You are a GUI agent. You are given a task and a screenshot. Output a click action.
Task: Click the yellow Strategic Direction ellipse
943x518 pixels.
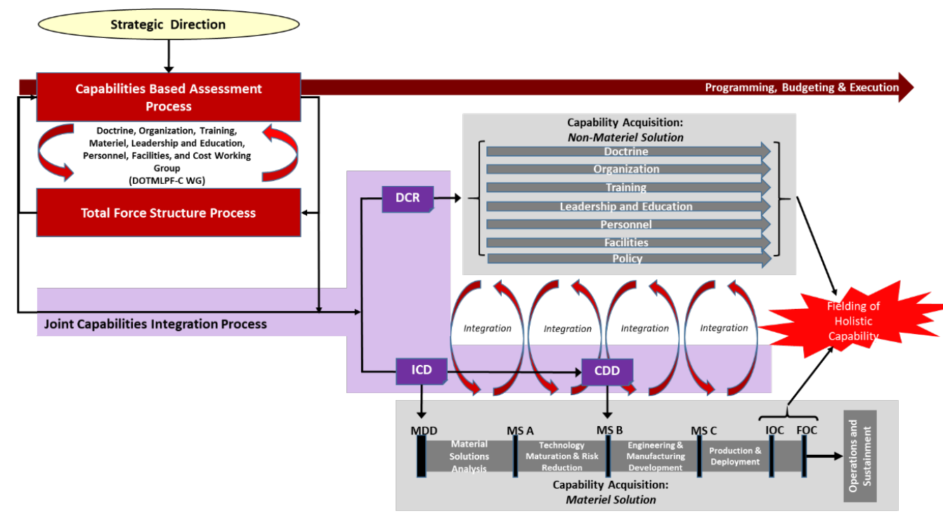(x=169, y=25)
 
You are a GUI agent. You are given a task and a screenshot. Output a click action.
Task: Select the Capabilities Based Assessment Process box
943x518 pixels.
(x=169, y=97)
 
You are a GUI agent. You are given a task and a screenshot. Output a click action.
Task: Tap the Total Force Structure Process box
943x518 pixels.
(x=169, y=213)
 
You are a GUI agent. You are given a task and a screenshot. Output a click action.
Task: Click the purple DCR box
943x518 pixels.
(x=408, y=199)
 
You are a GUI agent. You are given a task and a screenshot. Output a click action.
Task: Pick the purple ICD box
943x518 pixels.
(x=422, y=371)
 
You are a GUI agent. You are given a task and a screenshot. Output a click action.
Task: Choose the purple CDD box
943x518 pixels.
(x=607, y=371)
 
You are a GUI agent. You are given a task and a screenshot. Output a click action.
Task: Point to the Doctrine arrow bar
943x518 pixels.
(x=628, y=152)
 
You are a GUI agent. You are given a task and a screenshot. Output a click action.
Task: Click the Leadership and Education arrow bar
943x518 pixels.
(x=628, y=206)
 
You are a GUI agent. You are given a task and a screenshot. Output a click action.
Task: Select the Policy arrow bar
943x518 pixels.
(x=629, y=258)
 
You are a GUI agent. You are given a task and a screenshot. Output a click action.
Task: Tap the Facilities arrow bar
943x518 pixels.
(x=628, y=243)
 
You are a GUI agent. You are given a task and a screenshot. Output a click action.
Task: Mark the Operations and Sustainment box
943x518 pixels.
(x=860, y=456)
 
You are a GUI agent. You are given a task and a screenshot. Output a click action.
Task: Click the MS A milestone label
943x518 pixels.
(x=520, y=431)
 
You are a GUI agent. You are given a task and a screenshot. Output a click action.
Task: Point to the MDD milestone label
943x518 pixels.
(x=424, y=431)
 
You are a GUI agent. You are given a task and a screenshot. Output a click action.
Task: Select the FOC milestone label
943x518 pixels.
(x=807, y=430)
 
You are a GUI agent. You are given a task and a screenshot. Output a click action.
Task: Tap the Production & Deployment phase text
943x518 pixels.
(x=735, y=456)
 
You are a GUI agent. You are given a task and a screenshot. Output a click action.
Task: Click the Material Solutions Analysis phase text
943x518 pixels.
(x=469, y=456)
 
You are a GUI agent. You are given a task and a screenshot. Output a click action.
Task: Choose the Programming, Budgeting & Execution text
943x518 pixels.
(x=802, y=88)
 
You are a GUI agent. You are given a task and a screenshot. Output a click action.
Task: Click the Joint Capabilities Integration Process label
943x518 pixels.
(x=155, y=324)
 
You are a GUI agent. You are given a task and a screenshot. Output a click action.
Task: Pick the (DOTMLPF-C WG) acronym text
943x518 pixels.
(x=167, y=181)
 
